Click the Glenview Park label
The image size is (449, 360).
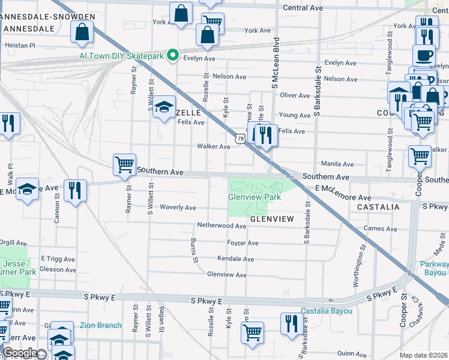click(255, 197)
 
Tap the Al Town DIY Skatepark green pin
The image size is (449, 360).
click(173, 56)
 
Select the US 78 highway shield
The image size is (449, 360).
click(240, 139)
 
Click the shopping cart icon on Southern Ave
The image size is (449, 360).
click(124, 164)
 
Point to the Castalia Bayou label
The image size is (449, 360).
click(326, 311)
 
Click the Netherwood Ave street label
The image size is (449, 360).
click(222, 226)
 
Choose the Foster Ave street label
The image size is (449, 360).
click(243, 243)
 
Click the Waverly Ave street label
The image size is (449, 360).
click(178, 208)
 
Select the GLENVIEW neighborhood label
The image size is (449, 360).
click(272, 219)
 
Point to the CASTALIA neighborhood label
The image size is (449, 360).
click(378, 206)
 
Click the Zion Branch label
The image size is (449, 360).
click(101, 325)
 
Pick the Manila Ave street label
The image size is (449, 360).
click(337, 163)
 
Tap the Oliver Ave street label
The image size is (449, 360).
click(295, 95)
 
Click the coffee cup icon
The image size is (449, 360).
click(424, 55)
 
